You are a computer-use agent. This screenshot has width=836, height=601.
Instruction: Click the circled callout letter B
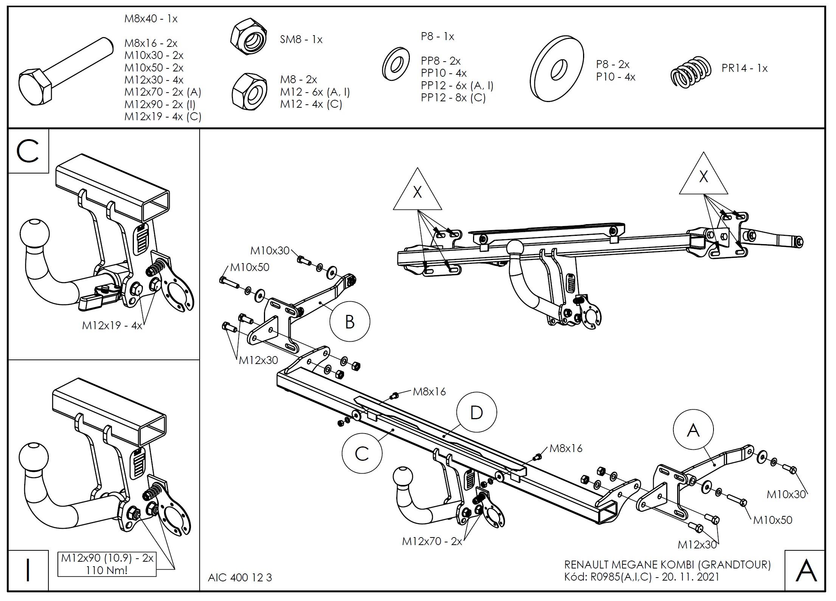[350, 322]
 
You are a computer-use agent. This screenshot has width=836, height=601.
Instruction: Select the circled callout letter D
[476, 412]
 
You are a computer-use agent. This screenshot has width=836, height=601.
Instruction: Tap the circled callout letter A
[693, 430]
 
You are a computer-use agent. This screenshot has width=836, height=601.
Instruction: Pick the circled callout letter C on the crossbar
[362, 453]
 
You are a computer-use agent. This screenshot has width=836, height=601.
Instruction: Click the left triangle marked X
[417, 192]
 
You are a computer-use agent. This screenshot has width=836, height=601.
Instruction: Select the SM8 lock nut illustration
[249, 39]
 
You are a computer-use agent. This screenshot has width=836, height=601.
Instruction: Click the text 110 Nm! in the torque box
[107, 570]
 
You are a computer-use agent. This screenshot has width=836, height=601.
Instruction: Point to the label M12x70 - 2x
[432, 542]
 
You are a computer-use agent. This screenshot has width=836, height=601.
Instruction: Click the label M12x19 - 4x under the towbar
[112, 325]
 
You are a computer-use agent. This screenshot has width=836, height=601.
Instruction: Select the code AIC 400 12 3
[240, 577]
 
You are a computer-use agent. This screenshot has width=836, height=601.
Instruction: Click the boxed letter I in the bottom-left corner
[28, 571]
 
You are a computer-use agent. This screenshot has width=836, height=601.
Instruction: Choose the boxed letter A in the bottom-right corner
[806, 571]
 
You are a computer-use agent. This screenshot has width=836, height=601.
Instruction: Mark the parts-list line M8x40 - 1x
[151, 19]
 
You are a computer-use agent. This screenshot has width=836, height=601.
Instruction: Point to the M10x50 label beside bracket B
[250, 267]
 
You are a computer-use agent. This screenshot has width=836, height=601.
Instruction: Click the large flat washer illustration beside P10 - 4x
[557, 68]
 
